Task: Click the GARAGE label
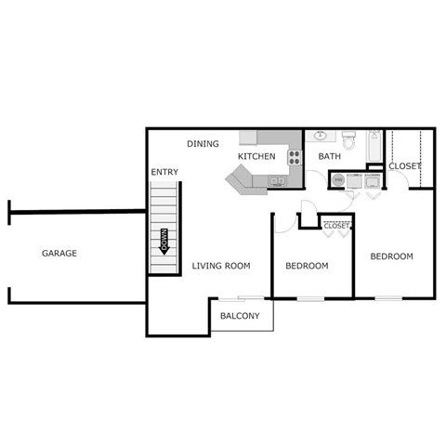(x=59, y=253)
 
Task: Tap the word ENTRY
(x=164, y=173)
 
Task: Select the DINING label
(x=203, y=144)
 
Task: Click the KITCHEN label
(x=256, y=156)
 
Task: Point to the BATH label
(x=330, y=156)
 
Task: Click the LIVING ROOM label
(x=221, y=266)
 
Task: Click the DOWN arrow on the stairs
(x=164, y=242)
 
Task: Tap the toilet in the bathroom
(x=349, y=140)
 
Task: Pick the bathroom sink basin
(x=321, y=136)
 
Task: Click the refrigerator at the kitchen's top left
(x=248, y=138)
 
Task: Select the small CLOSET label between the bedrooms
(x=336, y=225)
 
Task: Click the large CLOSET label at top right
(x=404, y=166)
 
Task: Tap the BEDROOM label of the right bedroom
(x=391, y=256)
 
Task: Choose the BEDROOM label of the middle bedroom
(x=307, y=266)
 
